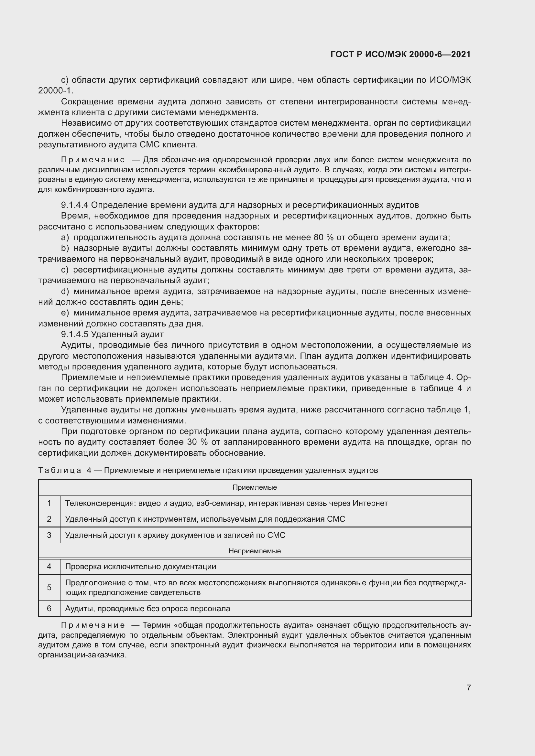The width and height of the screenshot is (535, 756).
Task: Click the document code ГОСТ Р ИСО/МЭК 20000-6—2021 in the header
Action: (x=400, y=54)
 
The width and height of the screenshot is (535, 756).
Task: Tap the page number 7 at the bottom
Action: (x=468, y=687)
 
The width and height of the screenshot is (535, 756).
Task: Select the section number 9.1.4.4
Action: (x=74, y=205)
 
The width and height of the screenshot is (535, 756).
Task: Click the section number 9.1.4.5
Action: (x=74, y=335)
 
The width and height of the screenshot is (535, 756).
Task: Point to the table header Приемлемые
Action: (x=254, y=487)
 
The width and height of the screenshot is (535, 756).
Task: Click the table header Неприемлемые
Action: (x=254, y=551)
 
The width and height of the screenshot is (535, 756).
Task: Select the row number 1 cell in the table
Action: (x=49, y=503)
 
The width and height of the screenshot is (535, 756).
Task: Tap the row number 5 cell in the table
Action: (x=49, y=587)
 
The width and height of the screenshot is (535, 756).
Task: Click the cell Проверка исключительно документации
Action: (x=141, y=567)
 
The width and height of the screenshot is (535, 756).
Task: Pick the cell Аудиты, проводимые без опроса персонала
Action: (x=147, y=609)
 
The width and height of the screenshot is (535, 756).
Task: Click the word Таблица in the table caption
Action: (x=60, y=470)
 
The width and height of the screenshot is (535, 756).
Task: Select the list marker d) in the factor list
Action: (x=65, y=292)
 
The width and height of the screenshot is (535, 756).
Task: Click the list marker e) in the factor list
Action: (x=65, y=313)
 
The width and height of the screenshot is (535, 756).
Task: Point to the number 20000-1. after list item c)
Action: (x=56, y=91)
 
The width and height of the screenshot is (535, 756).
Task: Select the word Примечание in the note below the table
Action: (x=93, y=625)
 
